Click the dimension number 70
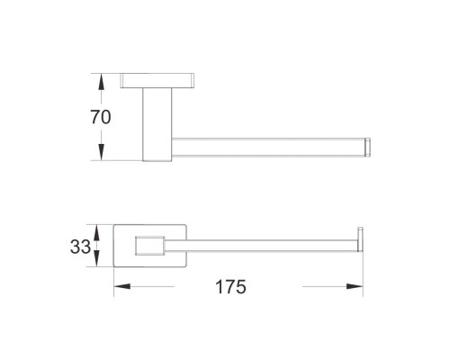pos(101,117)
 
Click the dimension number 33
pos(80,247)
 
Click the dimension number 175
pos(230,287)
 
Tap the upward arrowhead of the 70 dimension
pos(102,82)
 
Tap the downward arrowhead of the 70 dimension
pos(102,152)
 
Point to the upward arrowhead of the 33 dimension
pos(96,232)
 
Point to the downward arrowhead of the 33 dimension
pos(96,258)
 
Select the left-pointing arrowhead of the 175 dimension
pos(122,286)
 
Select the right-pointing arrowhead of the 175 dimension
pos(355,286)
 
